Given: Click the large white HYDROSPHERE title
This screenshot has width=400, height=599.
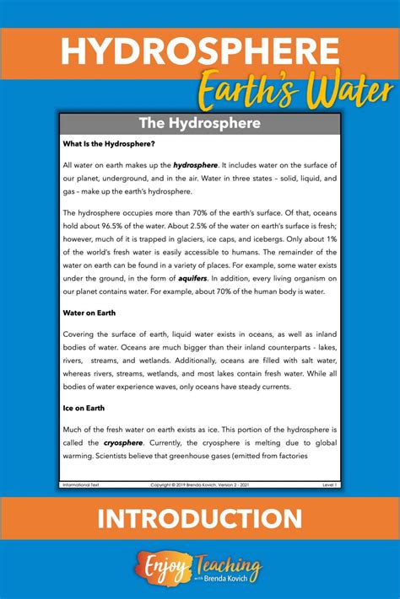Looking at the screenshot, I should (199, 52).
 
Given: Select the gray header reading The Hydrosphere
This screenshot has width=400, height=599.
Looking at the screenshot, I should (200, 123).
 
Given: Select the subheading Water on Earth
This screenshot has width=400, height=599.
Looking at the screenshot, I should (89, 312).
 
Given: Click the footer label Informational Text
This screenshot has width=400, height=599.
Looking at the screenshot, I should (83, 485).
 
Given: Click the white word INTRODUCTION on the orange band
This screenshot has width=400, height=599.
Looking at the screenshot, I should (200, 518).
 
